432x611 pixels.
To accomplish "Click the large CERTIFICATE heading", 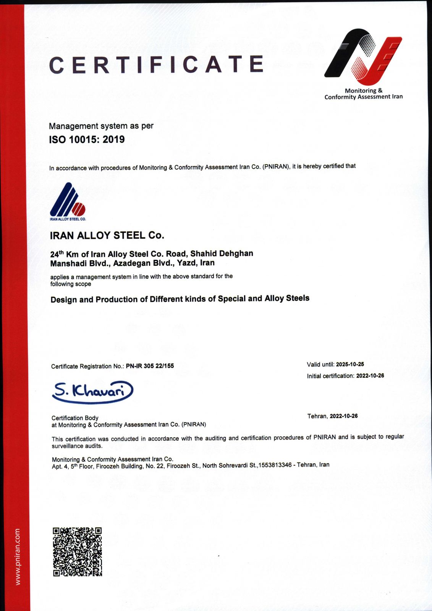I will [x=156, y=64].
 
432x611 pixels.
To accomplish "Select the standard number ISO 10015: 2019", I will [x=87, y=139].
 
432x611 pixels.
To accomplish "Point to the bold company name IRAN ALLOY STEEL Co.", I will [x=107, y=235].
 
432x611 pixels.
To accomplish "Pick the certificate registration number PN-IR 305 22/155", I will [x=150, y=366].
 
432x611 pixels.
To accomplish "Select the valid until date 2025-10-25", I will [x=350, y=364].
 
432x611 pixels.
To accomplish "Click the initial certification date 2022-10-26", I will [x=370, y=376].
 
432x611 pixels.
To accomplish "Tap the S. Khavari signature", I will [x=92, y=391].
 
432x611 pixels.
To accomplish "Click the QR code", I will [x=77, y=552].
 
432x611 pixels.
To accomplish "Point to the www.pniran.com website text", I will [x=18, y=556].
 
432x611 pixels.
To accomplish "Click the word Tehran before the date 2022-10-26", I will [x=317, y=416].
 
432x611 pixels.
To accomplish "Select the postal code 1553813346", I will [x=275, y=465].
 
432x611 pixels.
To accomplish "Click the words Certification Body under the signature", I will [x=75, y=418].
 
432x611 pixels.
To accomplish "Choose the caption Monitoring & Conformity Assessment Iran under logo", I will [x=363, y=94].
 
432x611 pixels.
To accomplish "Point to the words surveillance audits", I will [x=77, y=446].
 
